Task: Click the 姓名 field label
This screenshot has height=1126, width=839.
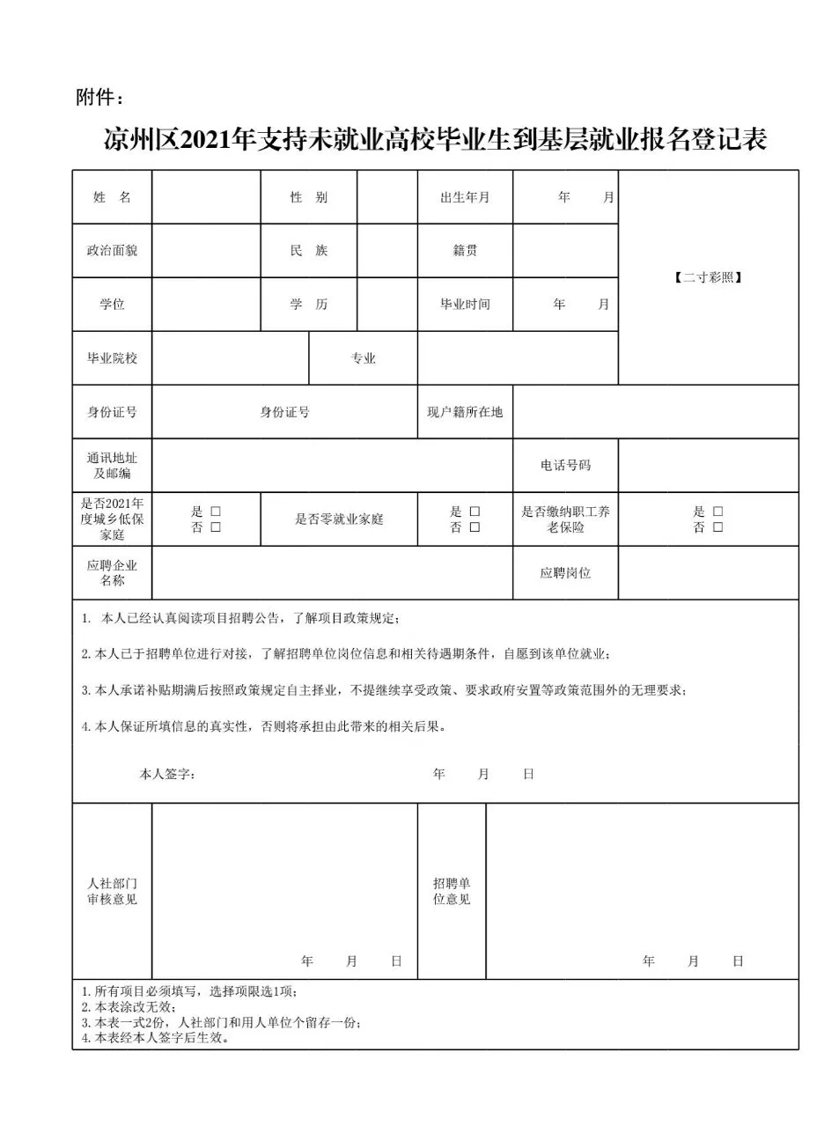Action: [x=112, y=197]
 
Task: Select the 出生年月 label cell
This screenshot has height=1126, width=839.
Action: [x=465, y=197]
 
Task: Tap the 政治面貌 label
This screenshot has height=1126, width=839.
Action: [x=112, y=251]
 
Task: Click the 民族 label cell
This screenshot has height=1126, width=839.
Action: [x=309, y=251]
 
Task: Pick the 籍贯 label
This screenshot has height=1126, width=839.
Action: [x=465, y=251]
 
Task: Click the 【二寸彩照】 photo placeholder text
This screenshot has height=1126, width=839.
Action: [x=708, y=277]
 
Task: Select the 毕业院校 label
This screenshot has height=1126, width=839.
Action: [x=112, y=358]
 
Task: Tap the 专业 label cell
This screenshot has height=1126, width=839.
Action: [x=364, y=358]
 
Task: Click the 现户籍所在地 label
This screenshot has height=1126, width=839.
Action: [x=465, y=412]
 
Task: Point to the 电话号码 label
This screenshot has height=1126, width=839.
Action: [x=565, y=466]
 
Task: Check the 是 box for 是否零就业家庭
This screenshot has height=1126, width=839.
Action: [x=475, y=511]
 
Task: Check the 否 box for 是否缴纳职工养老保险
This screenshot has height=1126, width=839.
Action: [x=718, y=527]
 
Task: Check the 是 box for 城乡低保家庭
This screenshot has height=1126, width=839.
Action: [x=216, y=511]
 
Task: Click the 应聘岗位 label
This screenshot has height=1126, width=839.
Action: [x=565, y=573]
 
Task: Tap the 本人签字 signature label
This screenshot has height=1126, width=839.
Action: [x=167, y=775]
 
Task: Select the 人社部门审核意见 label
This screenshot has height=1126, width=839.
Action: [x=112, y=891]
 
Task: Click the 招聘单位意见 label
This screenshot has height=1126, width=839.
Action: [x=452, y=891]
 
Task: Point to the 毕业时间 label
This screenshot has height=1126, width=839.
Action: [x=465, y=305]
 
